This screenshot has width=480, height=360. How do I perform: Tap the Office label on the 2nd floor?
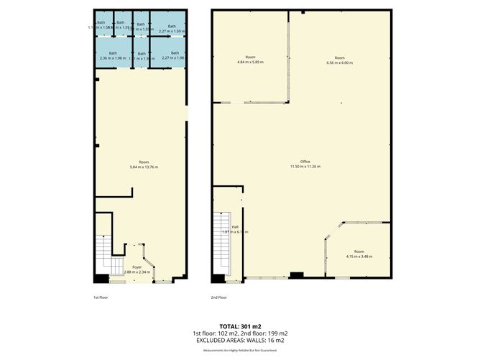pyautogui.click(x=305, y=162)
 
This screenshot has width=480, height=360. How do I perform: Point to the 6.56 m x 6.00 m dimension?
pyautogui.click(x=340, y=63)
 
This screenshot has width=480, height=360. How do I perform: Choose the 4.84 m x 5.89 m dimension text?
pyautogui.click(x=250, y=63)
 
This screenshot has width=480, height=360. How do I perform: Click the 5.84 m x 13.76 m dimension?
pyautogui.click(x=144, y=167)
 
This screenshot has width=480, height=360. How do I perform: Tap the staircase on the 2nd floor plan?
pyautogui.click(x=221, y=244)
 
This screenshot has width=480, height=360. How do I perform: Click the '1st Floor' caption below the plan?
pyautogui.click(x=101, y=297)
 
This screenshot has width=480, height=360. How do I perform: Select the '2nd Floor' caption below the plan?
pyautogui.click(x=218, y=297)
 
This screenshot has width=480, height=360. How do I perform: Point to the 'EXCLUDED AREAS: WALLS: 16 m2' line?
pyautogui.click(x=241, y=341)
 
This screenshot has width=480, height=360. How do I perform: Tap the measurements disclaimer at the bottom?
pyautogui.click(x=241, y=350)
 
